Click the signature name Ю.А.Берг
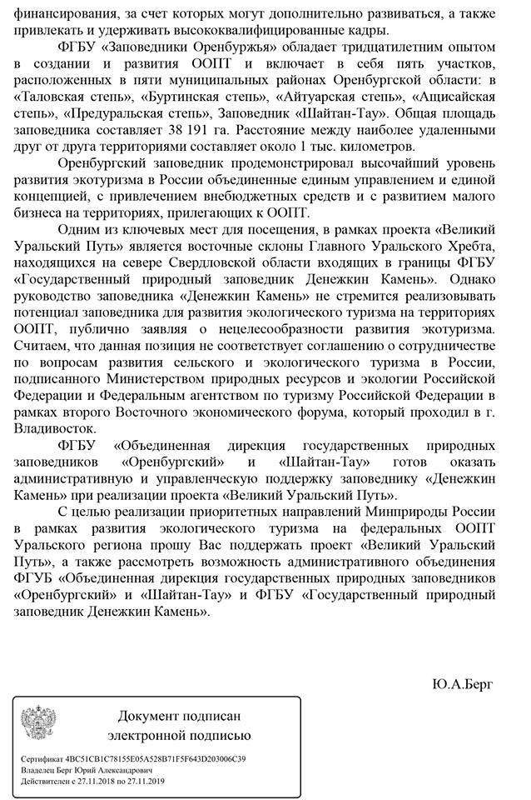click(x=463, y=684)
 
